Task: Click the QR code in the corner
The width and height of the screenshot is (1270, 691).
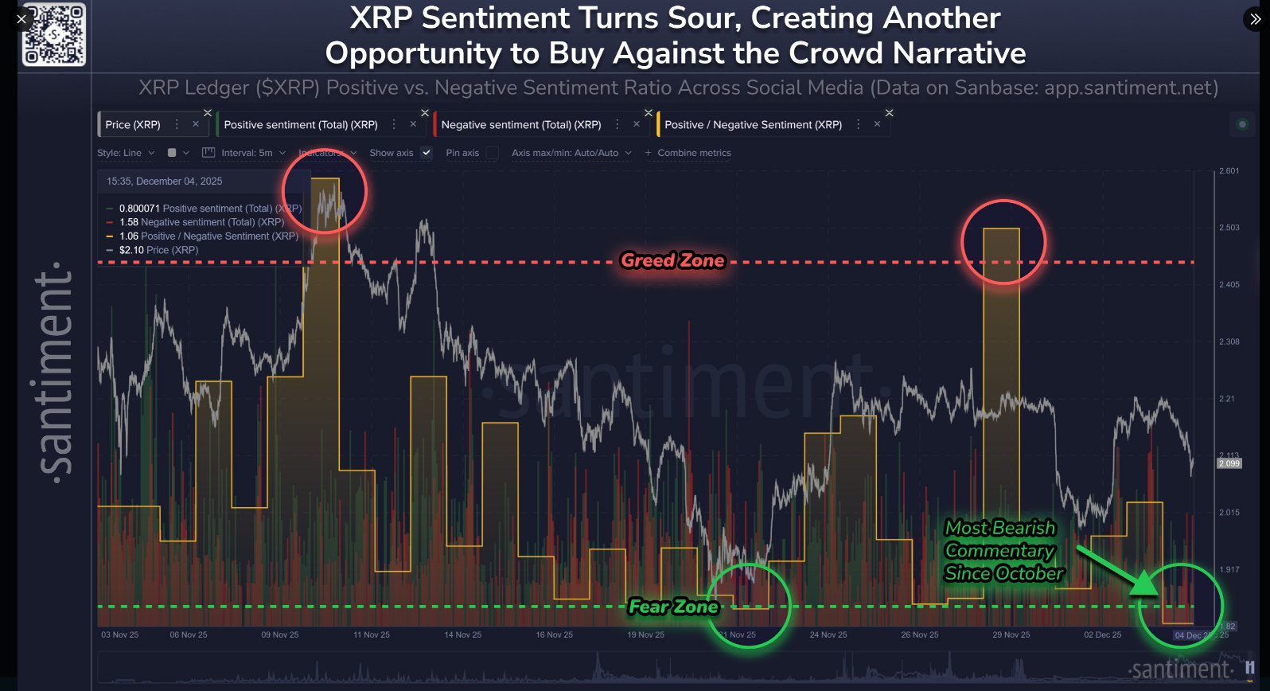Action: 54,34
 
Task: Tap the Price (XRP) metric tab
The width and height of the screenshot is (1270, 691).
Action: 133,125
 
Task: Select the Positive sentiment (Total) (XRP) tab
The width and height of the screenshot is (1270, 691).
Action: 301,125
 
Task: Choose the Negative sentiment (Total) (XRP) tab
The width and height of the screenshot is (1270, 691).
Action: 521,125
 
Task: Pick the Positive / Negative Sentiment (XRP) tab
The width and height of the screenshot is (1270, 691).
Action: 753,125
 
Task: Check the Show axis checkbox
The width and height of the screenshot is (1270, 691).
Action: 427,153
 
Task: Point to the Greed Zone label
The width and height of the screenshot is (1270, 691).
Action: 672,260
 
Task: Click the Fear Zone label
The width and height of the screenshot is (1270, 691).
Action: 673,607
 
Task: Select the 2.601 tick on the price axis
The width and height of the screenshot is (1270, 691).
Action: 1229,171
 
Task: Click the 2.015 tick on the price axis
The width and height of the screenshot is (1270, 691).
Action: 1229,513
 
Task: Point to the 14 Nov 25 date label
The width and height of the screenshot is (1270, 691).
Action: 462,635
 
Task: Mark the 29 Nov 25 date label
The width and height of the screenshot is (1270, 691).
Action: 1011,635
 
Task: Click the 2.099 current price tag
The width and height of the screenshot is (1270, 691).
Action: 1229,463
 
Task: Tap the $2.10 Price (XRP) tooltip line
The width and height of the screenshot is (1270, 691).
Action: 158,250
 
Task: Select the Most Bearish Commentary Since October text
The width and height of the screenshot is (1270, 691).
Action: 1003,551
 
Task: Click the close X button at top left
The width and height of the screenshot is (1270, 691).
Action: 21,19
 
